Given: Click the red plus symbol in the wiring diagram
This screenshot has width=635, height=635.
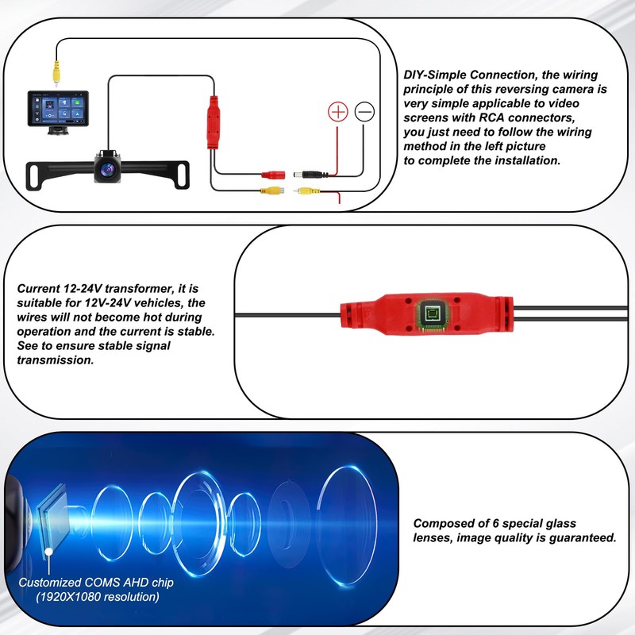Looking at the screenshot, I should point(339,112).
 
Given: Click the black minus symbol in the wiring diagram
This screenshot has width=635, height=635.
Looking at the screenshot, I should point(364,112).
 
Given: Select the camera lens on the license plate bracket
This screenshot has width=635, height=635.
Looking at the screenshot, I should point(105,167).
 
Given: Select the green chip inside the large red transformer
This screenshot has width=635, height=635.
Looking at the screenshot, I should point(433,316).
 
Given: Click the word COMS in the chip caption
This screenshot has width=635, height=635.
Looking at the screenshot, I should point(101,582).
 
